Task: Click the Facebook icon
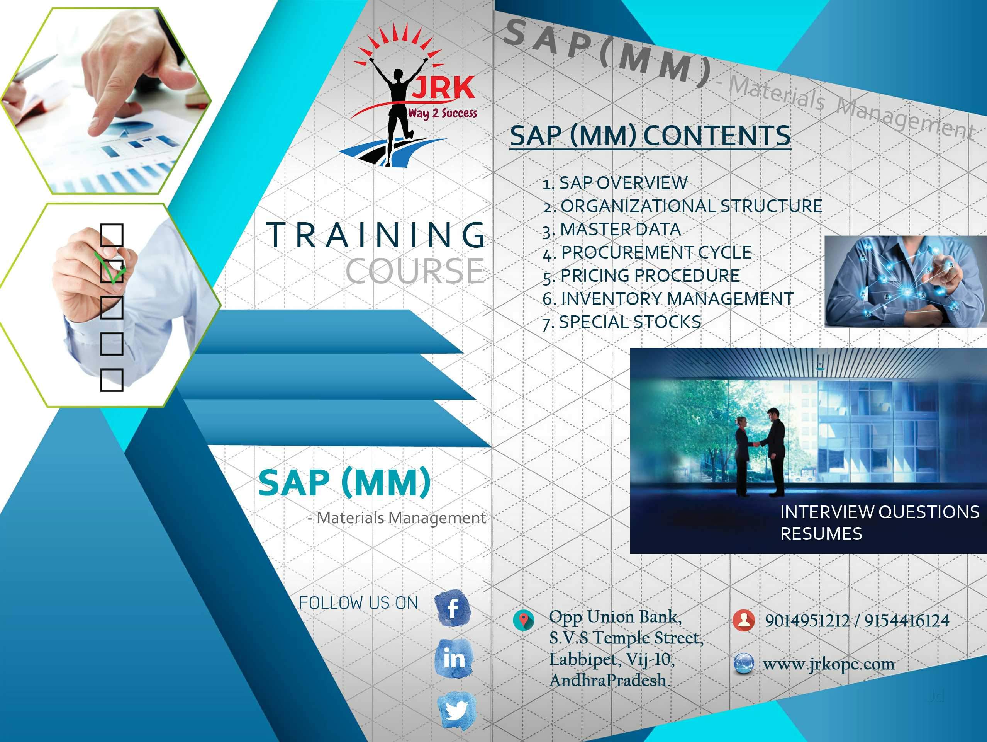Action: coord(453,608)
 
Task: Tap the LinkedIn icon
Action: coord(454,659)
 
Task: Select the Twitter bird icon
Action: coord(456,710)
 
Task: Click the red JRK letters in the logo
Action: coord(442,88)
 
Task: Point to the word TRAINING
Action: coord(376,235)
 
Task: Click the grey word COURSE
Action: coord(415,271)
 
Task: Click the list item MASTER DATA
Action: coord(620,230)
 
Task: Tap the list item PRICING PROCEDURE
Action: coord(650,276)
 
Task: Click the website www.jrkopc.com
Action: coord(829,664)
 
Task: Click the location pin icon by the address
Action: coord(523,619)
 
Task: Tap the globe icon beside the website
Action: coord(744,663)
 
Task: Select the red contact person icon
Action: coord(743,619)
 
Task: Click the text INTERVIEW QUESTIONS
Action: coord(879,512)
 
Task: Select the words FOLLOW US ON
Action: coord(358,603)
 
